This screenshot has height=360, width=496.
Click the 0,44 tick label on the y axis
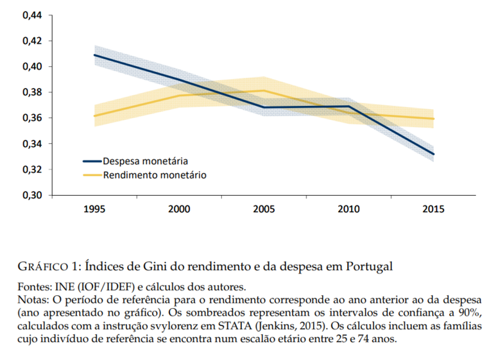pyautogui.click(x=32, y=15)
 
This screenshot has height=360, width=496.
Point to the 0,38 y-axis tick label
pyautogui.click(x=32, y=92)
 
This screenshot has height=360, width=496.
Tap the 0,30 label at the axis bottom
pyautogui.click(x=32, y=195)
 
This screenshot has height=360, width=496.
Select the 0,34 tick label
pyautogui.click(x=32, y=144)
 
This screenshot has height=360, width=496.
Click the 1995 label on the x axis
pyautogui.click(x=94, y=209)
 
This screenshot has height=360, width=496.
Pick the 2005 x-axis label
pyautogui.click(x=264, y=209)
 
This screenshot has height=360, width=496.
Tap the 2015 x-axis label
pyautogui.click(x=433, y=209)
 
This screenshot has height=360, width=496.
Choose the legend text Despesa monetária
pyautogui.click(x=145, y=161)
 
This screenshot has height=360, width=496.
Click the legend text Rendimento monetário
pyautogui.click(x=155, y=175)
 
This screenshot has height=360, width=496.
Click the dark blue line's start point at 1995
pyautogui.click(x=94, y=55)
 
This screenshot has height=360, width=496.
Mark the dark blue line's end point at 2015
pyautogui.click(x=433, y=154)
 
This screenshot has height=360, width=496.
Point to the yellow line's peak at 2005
pyautogui.click(x=264, y=90)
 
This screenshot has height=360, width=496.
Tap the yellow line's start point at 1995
pyautogui.click(x=94, y=116)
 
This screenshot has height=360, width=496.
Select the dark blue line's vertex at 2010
pyautogui.click(x=348, y=107)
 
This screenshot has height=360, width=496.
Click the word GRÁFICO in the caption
pyautogui.click(x=43, y=266)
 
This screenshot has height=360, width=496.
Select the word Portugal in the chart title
pyautogui.click(x=369, y=267)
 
